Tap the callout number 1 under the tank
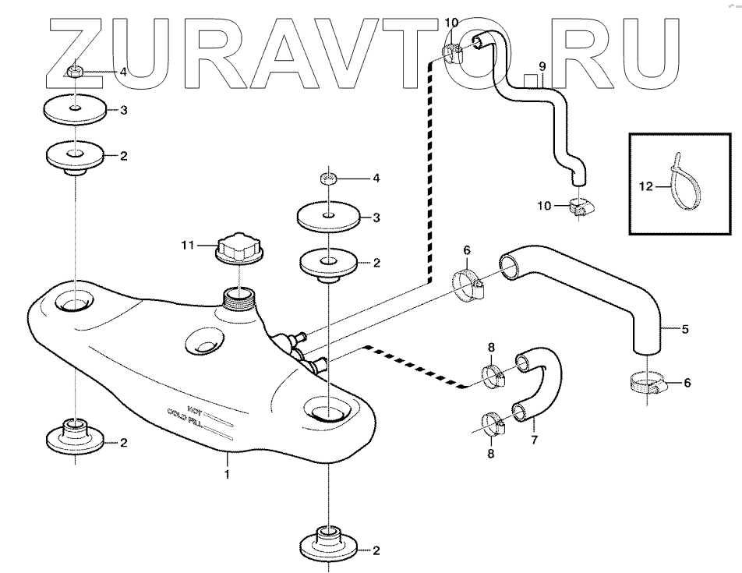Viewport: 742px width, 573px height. pyautogui.click(x=227, y=473)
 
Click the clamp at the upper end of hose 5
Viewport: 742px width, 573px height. pyautogui.click(x=470, y=285)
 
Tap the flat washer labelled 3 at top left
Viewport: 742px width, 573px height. pyautogui.click(x=75, y=111)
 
